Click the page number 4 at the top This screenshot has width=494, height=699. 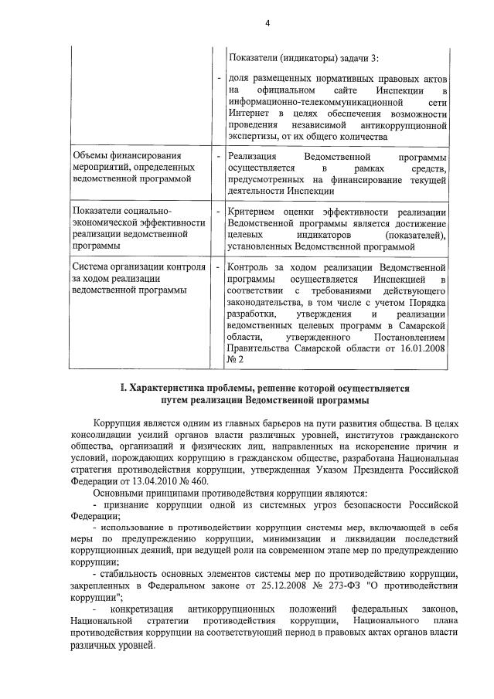(x=267, y=23)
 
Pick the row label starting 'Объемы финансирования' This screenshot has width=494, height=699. (x=122, y=156)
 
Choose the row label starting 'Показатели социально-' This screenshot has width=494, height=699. (x=121, y=212)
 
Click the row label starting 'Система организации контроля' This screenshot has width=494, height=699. (x=138, y=267)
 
